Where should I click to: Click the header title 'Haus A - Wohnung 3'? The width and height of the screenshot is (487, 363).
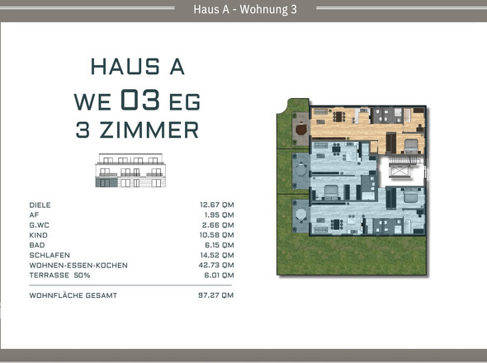243,9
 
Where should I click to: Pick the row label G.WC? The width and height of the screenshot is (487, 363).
40,224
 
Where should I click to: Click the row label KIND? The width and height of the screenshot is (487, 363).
39,234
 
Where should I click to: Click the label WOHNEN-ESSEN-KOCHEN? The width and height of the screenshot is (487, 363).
78,265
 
